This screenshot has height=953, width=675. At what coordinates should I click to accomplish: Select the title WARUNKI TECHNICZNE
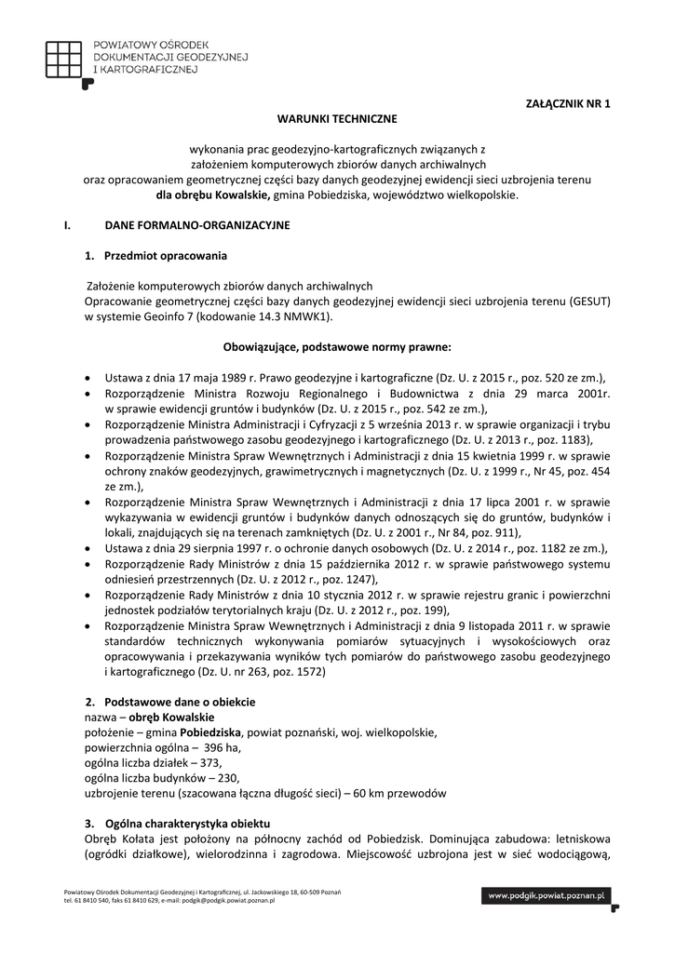click(337, 119)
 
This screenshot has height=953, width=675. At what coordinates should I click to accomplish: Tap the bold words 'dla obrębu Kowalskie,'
click(213, 195)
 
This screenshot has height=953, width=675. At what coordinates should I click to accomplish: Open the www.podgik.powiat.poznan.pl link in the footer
click(546, 895)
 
